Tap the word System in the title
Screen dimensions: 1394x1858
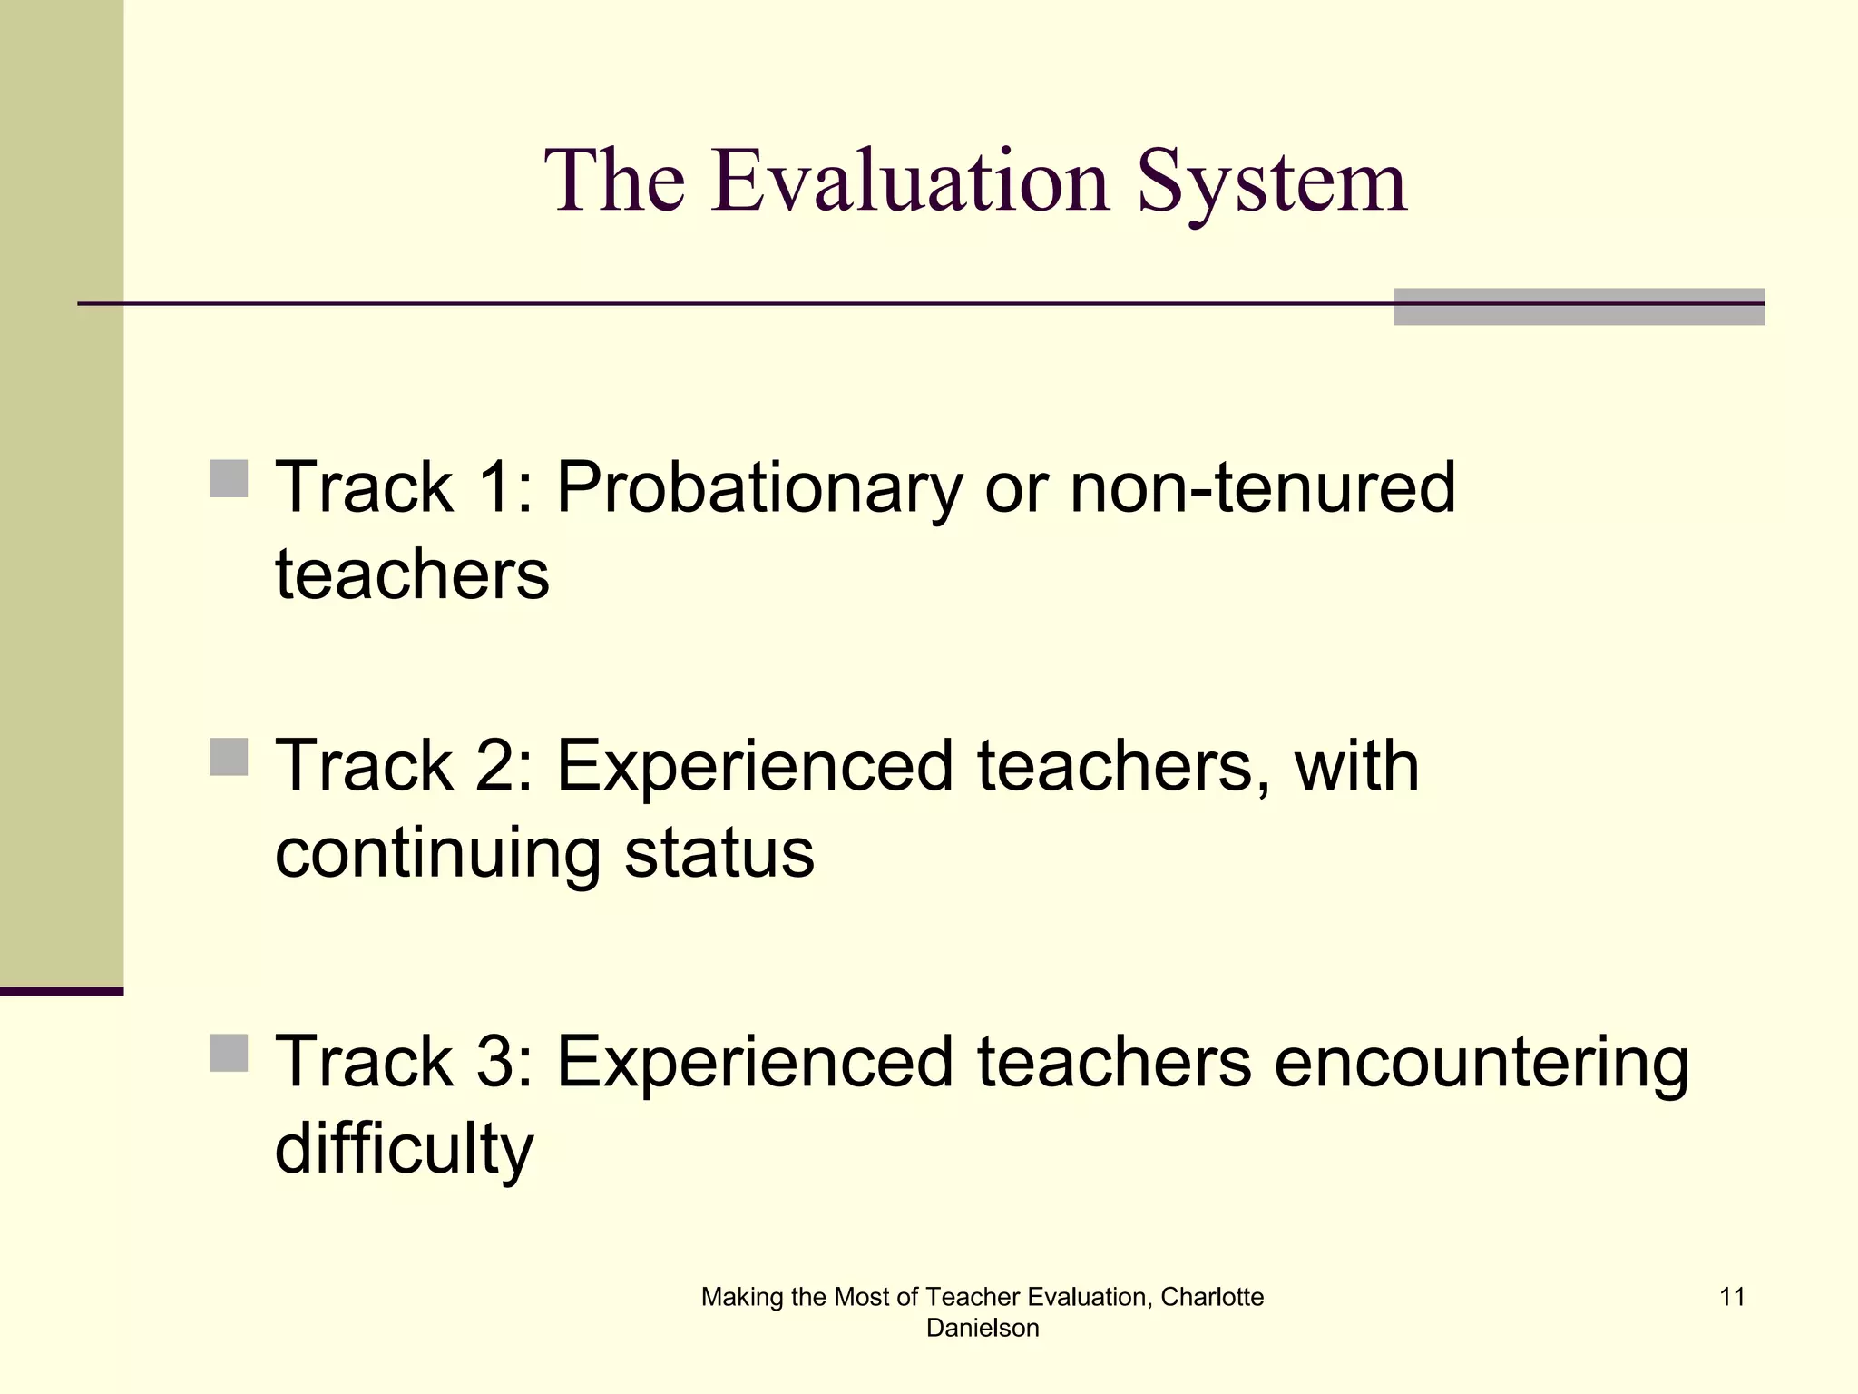click(x=1272, y=184)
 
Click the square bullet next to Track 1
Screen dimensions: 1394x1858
click(x=229, y=478)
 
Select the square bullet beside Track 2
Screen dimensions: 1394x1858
click(x=229, y=757)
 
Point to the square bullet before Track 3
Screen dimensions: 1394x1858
click(x=229, y=1053)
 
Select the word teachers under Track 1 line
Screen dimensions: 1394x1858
click(x=412, y=574)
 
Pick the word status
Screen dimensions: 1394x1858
click(x=719, y=853)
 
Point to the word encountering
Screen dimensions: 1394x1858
click(x=1481, y=1062)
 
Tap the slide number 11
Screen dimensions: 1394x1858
click(x=1732, y=1297)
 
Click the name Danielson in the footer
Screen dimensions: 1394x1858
click(x=982, y=1328)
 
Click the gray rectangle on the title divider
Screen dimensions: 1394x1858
click(x=1578, y=307)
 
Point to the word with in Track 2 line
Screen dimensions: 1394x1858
click(x=1356, y=766)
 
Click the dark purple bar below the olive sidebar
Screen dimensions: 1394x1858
click(x=61, y=991)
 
